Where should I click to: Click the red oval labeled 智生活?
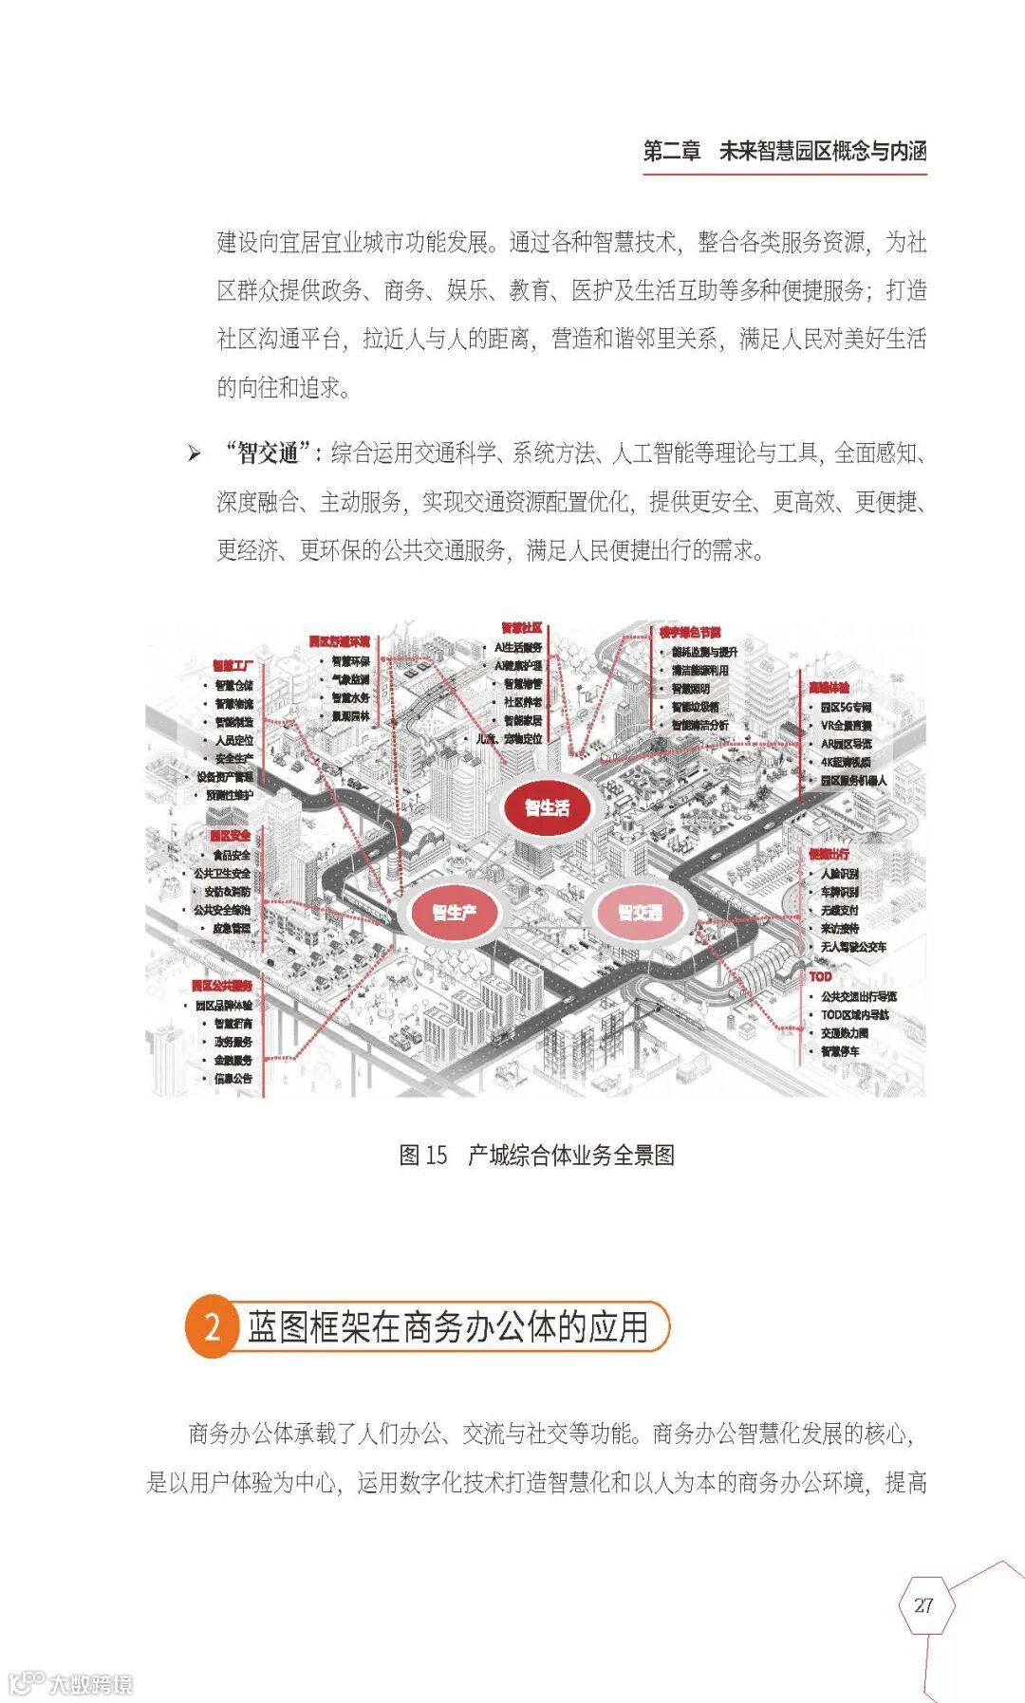click(x=548, y=807)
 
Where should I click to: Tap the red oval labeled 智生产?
click(x=454, y=913)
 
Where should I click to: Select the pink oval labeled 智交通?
click(x=640, y=913)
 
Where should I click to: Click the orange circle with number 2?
click(x=212, y=1326)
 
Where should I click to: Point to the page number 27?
click(x=923, y=1605)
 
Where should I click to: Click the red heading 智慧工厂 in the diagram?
click(x=232, y=666)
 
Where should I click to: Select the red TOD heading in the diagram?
click(x=820, y=976)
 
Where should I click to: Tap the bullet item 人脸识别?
click(x=840, y=874)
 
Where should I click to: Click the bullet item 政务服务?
click(x=233, y=1042)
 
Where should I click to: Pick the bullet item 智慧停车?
click(x=841, y=1051)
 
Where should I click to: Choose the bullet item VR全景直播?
click(x=847, y=726)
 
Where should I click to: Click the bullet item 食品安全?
click(x=232, y=855)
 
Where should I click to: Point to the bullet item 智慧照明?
click(x=691, y=689)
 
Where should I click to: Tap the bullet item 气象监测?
click(x=350, y=679)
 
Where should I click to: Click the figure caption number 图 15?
click(x=422, y=1155)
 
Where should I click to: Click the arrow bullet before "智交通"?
click(x=195, y=454)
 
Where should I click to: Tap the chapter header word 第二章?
click(x=672, y=151)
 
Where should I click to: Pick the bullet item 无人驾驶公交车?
click(x=853, y=947)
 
